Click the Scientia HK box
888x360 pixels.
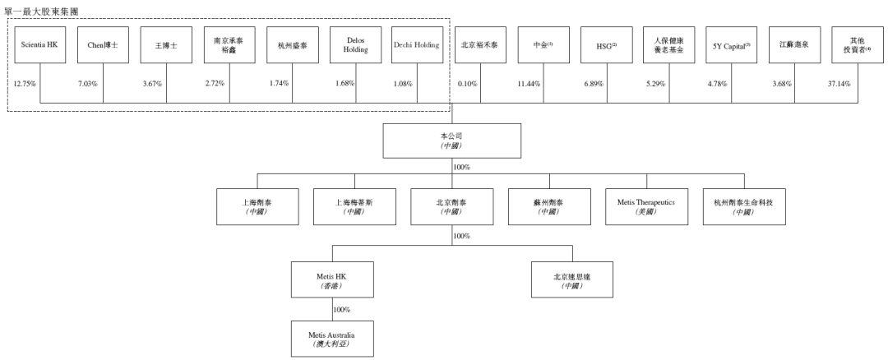(x=39, y=45)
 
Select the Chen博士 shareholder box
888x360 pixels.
(x=103, y=45)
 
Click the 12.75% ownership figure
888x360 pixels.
(x=25, y=84)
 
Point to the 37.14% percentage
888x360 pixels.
(x=839, y=84)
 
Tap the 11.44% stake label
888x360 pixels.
(x=530, y=84)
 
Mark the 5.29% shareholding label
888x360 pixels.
(x=655, y=84)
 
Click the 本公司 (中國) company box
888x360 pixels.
(x=452, y=141)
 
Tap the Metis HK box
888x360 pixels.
(x=332, y=279)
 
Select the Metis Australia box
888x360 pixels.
(x=332, y=338)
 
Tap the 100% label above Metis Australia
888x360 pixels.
(x=341, y=310)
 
